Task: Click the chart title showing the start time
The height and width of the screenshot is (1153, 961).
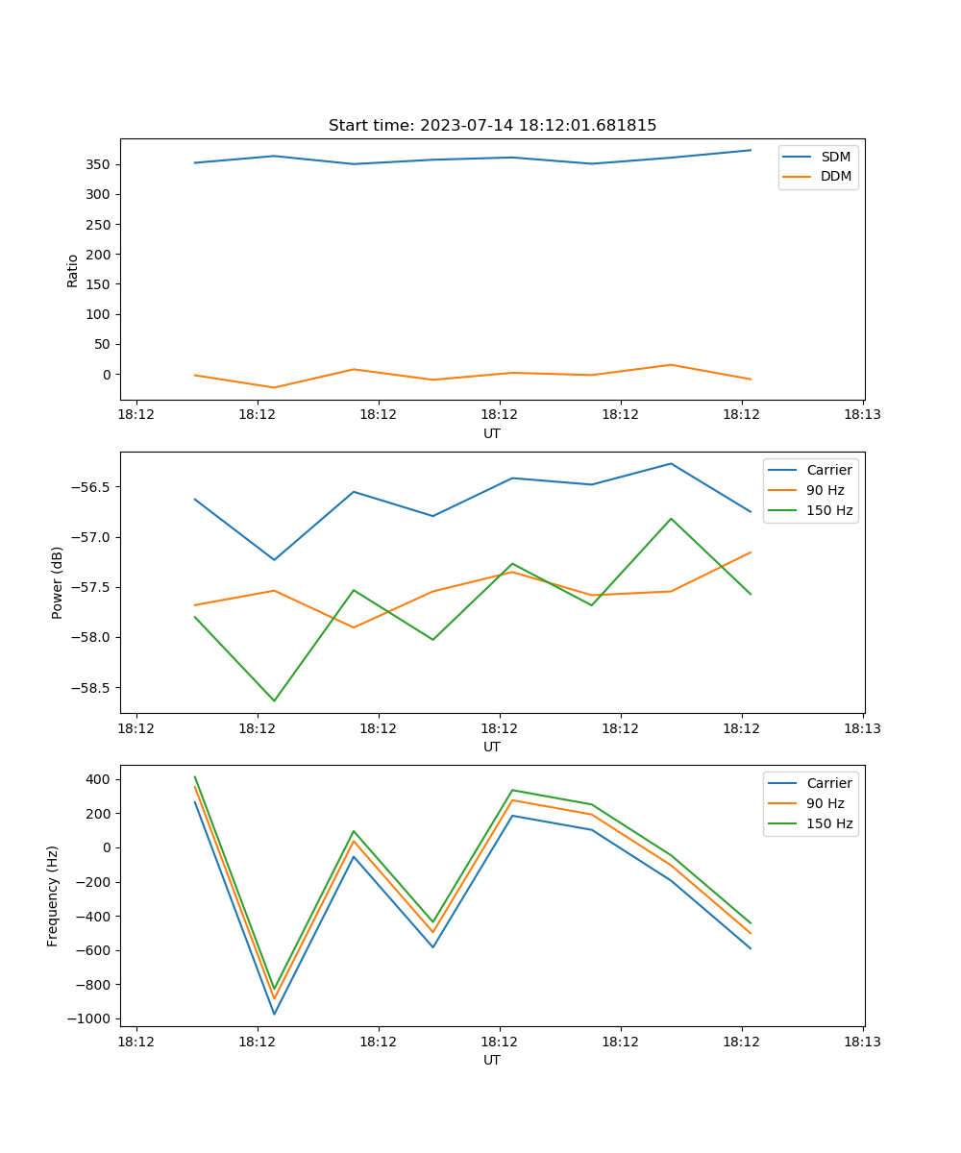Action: click(x=492, y=126)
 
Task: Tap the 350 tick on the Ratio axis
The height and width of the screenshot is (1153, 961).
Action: click(x=97, y=164)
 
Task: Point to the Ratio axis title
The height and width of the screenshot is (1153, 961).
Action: click(x=73, y=270)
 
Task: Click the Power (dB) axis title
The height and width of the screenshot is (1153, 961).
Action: click(x=58, y=582)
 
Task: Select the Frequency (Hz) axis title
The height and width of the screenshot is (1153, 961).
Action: click(x=53, y=895)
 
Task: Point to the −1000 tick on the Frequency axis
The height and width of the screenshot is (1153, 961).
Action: click(x=88, y=1018)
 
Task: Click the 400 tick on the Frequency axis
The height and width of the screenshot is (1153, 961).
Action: click(x=97, y=779)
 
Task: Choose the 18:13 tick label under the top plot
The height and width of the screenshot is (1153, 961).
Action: click(x=862, y=415)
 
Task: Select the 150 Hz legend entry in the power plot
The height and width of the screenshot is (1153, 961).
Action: click(x=829, y=510)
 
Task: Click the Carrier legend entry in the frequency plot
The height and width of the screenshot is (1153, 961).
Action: click(x=828, y=783)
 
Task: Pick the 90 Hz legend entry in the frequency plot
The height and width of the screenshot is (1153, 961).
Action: click(x=825, y=803)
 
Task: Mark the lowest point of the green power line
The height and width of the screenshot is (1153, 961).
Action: click(x=274, y=700)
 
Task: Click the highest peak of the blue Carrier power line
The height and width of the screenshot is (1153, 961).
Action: click(x=671, y=463)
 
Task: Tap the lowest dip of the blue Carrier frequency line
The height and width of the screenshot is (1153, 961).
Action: click(x=274, y=1014)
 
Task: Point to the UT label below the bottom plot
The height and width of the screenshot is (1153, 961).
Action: click(x=492, y=1060)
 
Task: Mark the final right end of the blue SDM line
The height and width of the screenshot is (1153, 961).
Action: click(x=751, y=150)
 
